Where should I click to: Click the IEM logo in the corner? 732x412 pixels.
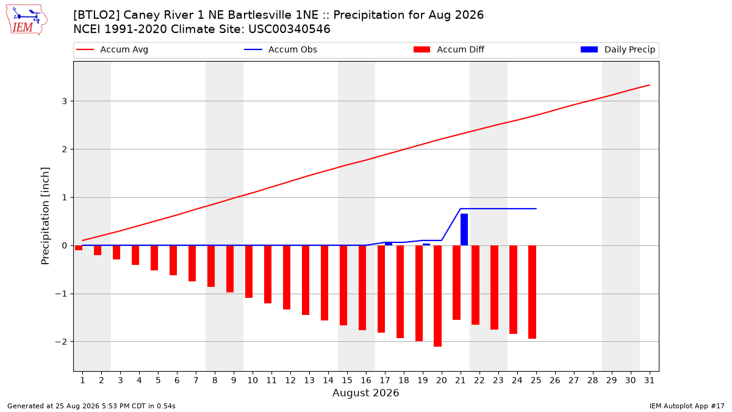(x=27, y=20)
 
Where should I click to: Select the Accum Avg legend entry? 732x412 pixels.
(x=112, y=49)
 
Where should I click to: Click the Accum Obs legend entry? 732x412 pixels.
(x=281, y=49)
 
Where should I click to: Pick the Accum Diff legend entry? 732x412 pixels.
(x=449, y=49)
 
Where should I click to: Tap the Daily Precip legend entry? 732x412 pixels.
(x=617, y=49)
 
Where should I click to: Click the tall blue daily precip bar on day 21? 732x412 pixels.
(x=464, y=229)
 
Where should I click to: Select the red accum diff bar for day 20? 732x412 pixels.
(x=437, y=296)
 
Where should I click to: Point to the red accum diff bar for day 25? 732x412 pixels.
(x=532, y=292)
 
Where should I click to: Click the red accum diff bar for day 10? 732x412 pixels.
(x=249, y=272)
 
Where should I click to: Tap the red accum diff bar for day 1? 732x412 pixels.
(x=79, y=248)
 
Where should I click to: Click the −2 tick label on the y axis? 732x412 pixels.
(x=61, y=342)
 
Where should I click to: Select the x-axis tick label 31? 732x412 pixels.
(x=649, y=381)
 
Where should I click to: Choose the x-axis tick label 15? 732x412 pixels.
(x=347, y=381)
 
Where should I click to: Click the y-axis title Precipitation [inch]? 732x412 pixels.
(x=45, y=216)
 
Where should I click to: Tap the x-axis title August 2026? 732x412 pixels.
(x=365, y=392)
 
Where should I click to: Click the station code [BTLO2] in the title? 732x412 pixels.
(x=96, y=15)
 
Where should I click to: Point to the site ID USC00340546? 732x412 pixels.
(x=289, y=29)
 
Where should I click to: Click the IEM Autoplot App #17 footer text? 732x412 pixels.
(x=687, y=406)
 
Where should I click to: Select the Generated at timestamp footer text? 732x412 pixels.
(x=91, y=406)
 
